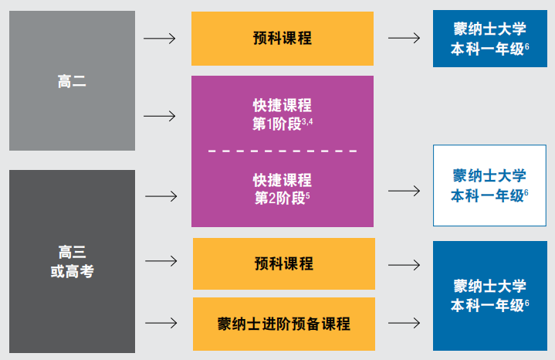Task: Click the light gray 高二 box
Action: (72, 81)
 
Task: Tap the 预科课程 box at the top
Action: (283, 38)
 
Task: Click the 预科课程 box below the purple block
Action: (283, 263)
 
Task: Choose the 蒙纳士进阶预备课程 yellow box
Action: (283, 323)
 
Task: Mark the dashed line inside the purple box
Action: (283, 151)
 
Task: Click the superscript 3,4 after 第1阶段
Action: (307, 121)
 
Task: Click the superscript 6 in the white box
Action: (526, 192)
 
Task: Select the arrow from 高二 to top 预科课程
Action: (160, 38)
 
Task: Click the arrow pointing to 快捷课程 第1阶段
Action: (160, 116)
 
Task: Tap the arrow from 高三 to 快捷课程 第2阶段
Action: (161, 196)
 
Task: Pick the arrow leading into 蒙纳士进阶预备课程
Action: (161, 322)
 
